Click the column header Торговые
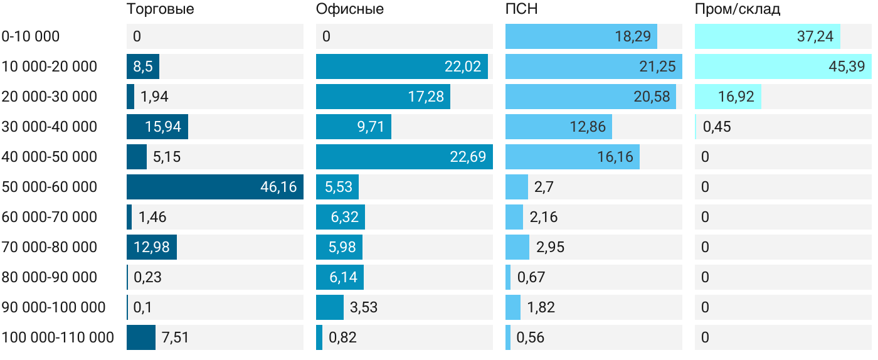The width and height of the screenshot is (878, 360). pos(160,9)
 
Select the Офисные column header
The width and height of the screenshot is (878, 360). pos(350,9)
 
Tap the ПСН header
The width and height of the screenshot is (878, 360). pos(522,9)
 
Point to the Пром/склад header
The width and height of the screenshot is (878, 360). pos(738,9)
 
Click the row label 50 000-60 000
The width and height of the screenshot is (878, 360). pos(50,187)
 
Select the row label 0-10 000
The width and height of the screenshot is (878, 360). pos(31,36)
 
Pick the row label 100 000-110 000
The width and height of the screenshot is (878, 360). pos(58,337)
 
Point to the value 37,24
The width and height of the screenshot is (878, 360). pos(815,36)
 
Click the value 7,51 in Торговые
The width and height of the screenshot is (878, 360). pos(175,337)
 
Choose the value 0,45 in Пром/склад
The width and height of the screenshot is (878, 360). pos(717,127)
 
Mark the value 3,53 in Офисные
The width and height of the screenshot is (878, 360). pos(364,307)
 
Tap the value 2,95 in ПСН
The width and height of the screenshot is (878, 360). pos(550,247)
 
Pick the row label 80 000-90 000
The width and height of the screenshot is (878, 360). pos(50,277)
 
